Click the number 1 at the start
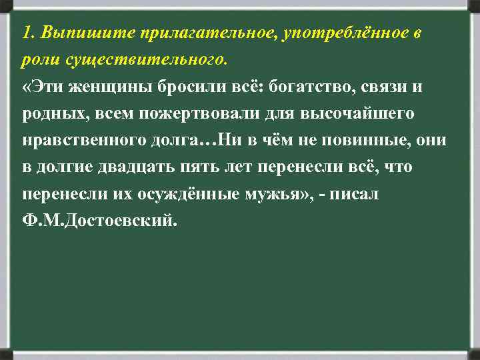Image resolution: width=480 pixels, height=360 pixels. point(25,33)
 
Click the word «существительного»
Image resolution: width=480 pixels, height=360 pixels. point(147,61)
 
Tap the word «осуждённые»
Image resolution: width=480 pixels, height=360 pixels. point(194,194)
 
